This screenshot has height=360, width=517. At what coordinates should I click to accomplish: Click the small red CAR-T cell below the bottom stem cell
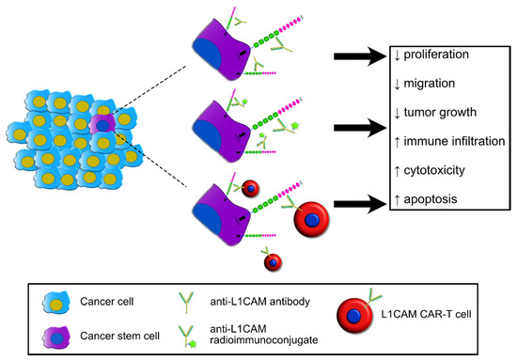270,260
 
